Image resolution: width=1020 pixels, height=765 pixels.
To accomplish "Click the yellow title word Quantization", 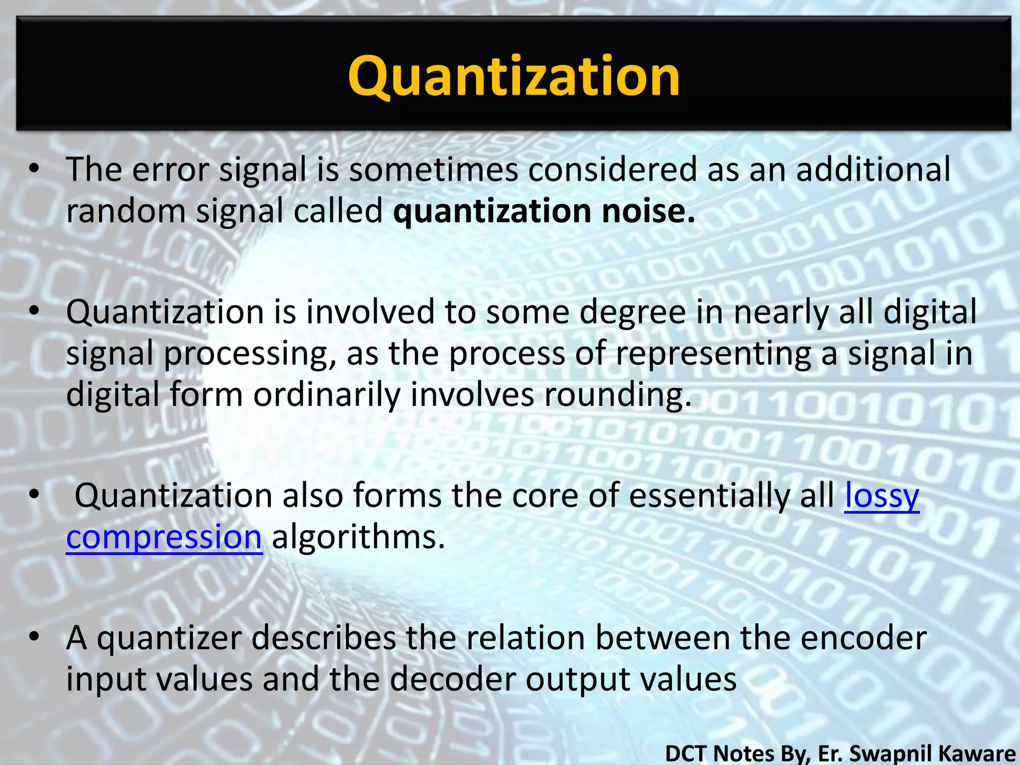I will point(513,76).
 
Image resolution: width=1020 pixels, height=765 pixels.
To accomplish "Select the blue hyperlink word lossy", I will point(882,496).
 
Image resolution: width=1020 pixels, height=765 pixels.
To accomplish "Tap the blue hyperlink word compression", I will point(164,538).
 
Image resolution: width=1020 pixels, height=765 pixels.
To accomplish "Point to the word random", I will point(126,211).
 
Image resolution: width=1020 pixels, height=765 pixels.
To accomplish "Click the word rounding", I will point(617,394).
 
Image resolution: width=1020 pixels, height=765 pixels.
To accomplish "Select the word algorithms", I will point(358,538).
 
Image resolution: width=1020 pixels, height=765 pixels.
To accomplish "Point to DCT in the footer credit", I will point(687,753).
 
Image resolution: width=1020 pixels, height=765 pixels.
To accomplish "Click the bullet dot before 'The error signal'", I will point(33,169).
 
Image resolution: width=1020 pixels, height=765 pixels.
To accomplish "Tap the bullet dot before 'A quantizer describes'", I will point(33,637).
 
